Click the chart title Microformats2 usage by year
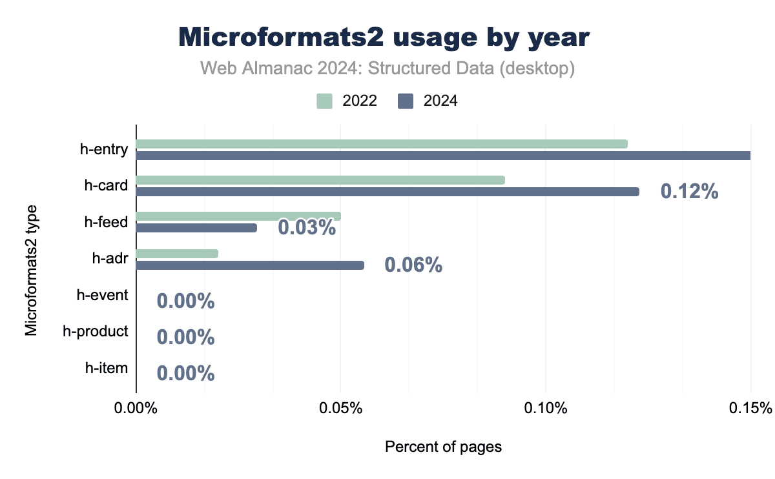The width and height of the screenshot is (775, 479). (x=384, y=37)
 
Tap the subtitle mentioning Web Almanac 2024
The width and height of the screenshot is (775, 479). (x=387, y=68)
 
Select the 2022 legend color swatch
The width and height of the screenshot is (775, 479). (x=324, y=101)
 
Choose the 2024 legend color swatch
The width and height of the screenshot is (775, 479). (x=406, y=101)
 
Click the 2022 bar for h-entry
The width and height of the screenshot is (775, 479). (x=381, y=143)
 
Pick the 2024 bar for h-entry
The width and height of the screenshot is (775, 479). (x=443, y=156)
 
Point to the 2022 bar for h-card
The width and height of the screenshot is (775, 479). (x=320, y=179)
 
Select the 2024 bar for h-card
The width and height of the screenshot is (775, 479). (x=387, y=192)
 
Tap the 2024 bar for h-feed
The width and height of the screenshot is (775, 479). (x=196, y=228)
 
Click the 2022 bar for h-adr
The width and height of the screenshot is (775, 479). (x=177, y=253)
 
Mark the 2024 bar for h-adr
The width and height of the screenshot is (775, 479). (x=250, y=265)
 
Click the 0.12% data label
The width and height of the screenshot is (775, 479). (x=689, y=192)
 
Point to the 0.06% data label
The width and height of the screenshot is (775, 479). (x=413, y=265)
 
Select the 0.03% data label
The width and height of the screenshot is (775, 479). (x=307, y=228)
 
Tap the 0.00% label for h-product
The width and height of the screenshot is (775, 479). (x=186, y=338)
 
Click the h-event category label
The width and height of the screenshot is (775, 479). (x=102, y=296)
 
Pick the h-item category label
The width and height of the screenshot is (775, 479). (x=107, y=369)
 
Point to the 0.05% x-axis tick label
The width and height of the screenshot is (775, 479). (x=340, y=409)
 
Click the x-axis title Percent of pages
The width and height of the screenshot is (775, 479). (x=443, y=447)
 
